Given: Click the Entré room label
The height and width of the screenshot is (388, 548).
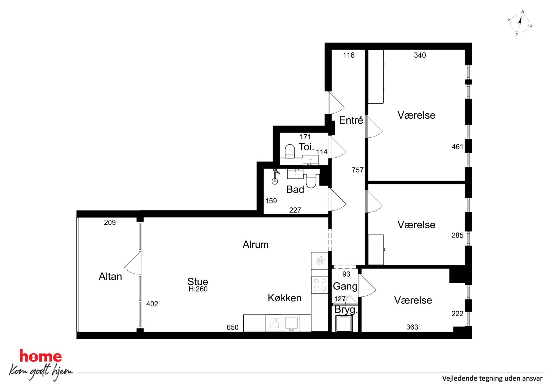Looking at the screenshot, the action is [351, 120].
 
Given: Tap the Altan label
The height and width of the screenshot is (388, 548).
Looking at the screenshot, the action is [110, 276].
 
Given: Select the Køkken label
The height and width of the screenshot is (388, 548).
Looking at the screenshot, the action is [284, 298].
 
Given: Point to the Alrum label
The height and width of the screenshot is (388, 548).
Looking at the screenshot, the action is [255, 244].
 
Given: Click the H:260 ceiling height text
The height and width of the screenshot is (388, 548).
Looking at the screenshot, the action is [198, 289].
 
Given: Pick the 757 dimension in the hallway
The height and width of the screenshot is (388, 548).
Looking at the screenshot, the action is [357, 170].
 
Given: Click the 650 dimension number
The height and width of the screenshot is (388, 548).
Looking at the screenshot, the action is [232, 327].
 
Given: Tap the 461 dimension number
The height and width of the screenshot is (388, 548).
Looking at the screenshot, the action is [457, 147].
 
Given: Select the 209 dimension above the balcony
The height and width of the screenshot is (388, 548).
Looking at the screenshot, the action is [110, 223].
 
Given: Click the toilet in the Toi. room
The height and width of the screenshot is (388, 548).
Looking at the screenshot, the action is [290, 151].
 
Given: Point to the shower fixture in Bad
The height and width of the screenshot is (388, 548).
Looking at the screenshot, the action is [275, 176].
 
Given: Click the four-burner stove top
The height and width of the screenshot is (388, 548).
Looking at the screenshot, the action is [320, 285].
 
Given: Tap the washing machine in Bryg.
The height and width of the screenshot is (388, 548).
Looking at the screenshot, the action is [344, 323].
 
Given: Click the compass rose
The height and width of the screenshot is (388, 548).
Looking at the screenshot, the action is [520, 24].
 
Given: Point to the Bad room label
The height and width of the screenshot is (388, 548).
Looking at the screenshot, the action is [295, 189].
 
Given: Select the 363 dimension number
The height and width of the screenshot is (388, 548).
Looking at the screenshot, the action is [412, 327].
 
